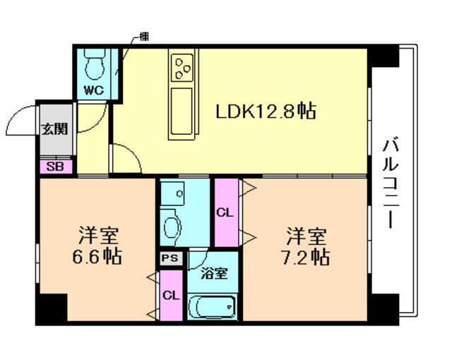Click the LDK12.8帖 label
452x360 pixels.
(266, 111)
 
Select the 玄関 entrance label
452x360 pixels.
(54, 128)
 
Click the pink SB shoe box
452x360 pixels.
(54, 167)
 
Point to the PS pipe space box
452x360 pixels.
(170, 258)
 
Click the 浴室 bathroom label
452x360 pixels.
(213, 273)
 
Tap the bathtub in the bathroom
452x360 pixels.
(213, 307)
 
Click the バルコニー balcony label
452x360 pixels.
(389, 182)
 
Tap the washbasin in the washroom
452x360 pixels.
(172, 227)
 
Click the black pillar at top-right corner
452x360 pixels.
(386, 56)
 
